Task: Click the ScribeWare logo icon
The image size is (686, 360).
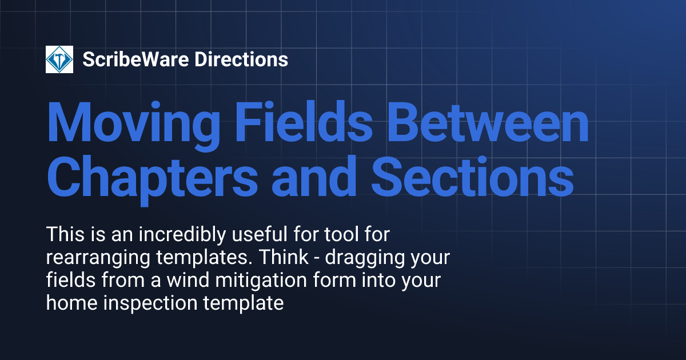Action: tap(59, 59)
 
